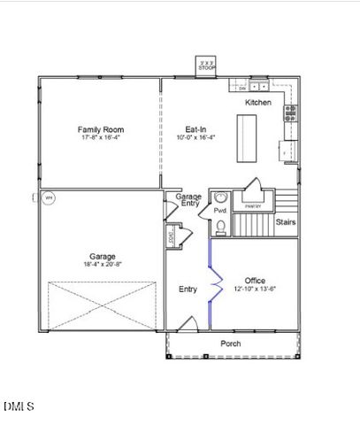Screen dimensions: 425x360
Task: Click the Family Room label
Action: click(x=99, y=129)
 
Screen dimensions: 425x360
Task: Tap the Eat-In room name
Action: click(x=195, y=129)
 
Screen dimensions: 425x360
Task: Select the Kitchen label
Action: click(x=258, y=103)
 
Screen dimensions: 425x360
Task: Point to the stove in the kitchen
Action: click(x=290, y=112)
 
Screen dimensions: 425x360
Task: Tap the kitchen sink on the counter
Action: click(x=259, y=87)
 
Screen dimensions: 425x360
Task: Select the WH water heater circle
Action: click(x=50, y=198)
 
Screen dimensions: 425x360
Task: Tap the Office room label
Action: click(x=255, y=281)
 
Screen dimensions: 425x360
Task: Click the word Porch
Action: click(x=231, y=344)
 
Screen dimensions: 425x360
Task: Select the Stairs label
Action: click(x=285, y=222)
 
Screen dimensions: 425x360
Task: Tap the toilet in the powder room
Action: click(x=220, y=228)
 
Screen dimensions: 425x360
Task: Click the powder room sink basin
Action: click(x=220, y=198)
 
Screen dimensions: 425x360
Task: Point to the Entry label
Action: click(x=188, y=290)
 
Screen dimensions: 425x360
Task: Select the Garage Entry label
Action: click(x=188, y=200)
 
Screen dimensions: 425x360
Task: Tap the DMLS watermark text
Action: click(x=19, y=406)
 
